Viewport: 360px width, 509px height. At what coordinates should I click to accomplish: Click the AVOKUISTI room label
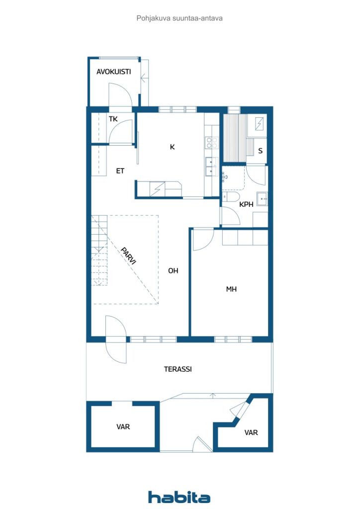pos(113,72)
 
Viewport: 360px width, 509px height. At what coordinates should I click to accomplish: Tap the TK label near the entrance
pos(113,119)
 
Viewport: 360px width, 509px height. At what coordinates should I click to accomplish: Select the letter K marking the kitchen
pos(173,147)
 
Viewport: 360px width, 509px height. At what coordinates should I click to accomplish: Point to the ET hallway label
pos(120,171)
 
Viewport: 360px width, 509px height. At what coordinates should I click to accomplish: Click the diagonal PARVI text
pos(128,256)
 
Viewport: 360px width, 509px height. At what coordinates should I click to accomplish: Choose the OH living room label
pos(173,270)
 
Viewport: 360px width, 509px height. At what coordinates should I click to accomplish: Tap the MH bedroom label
pos(231,289)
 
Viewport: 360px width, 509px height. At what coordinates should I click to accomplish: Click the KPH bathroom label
pos(246,204)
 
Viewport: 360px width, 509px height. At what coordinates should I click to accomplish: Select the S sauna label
pos(261,151)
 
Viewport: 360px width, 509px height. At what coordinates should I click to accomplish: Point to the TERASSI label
pos(178,369)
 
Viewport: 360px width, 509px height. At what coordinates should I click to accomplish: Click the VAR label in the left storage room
pos(123,426)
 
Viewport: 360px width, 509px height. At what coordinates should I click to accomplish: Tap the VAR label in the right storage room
pos(251,432)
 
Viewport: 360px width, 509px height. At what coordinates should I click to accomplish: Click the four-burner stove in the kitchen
pos(212,143)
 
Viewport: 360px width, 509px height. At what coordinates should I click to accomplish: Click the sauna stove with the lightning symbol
pos(259,124)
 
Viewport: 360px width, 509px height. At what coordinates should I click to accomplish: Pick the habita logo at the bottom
pos(179,497)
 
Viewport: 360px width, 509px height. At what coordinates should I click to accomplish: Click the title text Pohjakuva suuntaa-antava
pos(180,18)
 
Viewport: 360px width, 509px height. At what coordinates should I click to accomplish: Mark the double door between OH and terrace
pos(116,339)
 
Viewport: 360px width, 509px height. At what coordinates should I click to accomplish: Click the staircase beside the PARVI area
pos(99,251)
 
